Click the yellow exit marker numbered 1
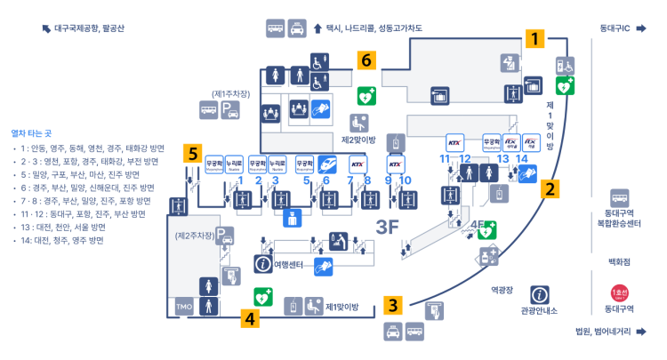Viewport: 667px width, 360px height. (534, 39)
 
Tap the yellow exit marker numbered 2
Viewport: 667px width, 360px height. (550, 188)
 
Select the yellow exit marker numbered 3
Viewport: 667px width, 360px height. (393, 305)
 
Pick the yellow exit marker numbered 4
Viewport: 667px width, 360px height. (251, 317)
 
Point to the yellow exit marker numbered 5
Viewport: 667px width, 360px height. (192, 153)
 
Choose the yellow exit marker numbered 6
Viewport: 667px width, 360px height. (365, 60)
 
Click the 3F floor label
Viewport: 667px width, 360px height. (389, 227)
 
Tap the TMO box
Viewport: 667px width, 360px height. (184, 308)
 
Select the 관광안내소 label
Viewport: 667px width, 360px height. (539, 310)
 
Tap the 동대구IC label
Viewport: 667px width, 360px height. (615, 28)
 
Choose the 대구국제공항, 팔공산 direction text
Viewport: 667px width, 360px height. (89, 28)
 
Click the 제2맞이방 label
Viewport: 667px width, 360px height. (359, 140)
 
